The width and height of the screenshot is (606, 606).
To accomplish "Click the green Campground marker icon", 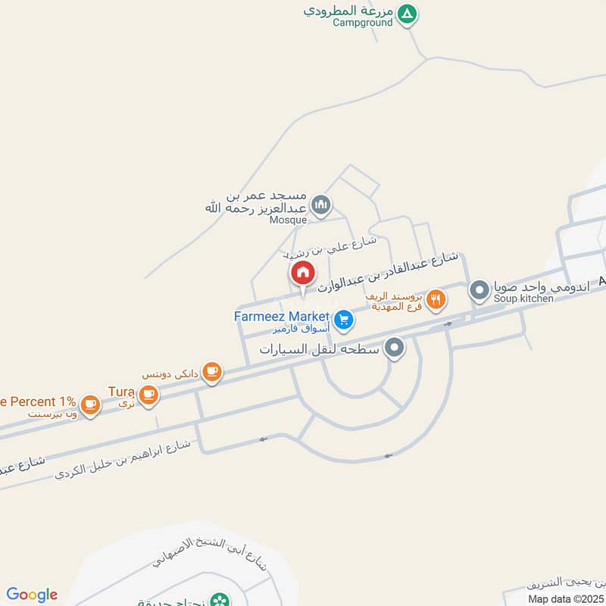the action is (x=408, y=14).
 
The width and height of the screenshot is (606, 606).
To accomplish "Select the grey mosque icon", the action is (x=323, y=204).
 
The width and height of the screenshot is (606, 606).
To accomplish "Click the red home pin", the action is (x=301, y=273).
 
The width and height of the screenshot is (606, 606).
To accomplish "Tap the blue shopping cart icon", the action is (x=344, y=320).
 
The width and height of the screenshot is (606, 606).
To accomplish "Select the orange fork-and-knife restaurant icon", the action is (x=435, y=300).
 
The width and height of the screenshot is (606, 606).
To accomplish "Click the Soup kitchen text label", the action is (x=523, y=299).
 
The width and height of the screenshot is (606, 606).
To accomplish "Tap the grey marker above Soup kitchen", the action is (x=479, y=290).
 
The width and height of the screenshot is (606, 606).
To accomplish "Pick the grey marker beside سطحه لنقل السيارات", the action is (x=394, y=348).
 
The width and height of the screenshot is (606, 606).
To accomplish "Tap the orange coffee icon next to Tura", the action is (x=148, y=393).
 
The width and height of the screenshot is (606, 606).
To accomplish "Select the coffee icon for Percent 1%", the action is (x=91, y=405).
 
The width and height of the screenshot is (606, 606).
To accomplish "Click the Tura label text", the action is (x=121, y=391).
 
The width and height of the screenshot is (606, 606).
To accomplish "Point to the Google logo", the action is (x=32, y=595).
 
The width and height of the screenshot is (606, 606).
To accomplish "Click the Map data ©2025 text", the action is (x=564, y=598).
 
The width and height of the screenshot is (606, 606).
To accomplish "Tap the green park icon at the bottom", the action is (x=220, y=600).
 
